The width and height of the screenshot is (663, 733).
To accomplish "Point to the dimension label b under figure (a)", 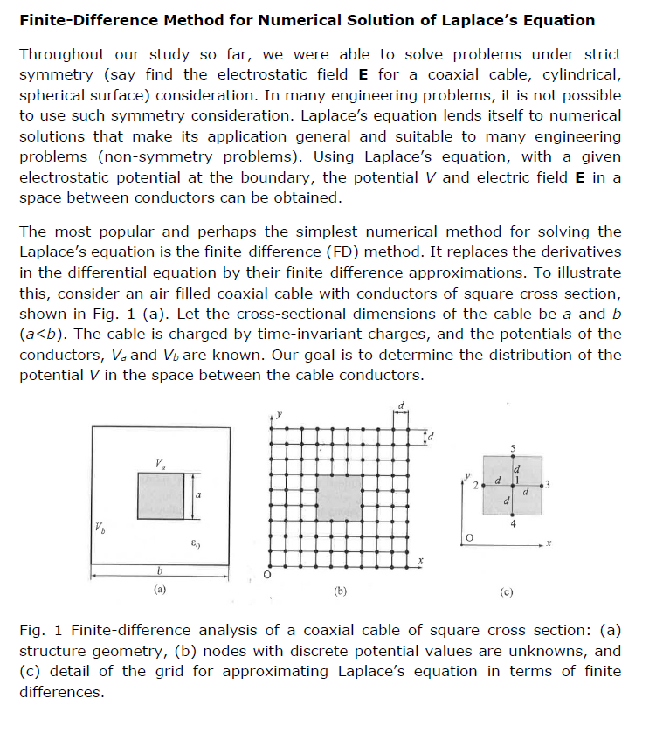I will [x=159, y=570].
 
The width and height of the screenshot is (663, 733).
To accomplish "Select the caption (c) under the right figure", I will [x=507, y=591].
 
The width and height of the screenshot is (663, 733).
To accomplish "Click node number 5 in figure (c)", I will [x=513, y=449].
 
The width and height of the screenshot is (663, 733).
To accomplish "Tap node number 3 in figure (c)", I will [x=548, y=484].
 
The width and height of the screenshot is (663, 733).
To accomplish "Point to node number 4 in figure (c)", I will [x=513, y=523].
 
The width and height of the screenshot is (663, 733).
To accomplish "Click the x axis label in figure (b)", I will [x=419, y=560].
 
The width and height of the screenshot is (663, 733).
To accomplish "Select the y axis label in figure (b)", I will [x=280, y=413].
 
